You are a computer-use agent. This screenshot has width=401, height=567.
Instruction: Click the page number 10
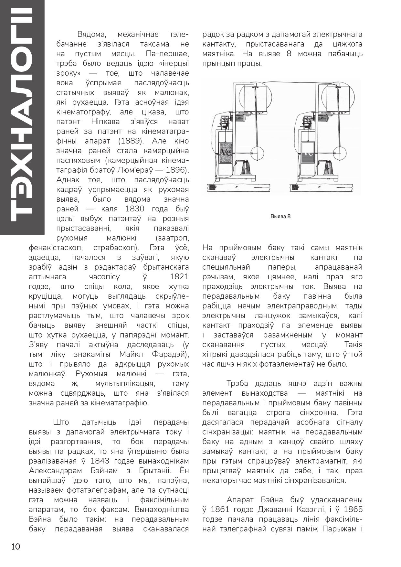tap(16, 547)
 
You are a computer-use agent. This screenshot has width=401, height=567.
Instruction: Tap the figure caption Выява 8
tap(280, 216)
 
